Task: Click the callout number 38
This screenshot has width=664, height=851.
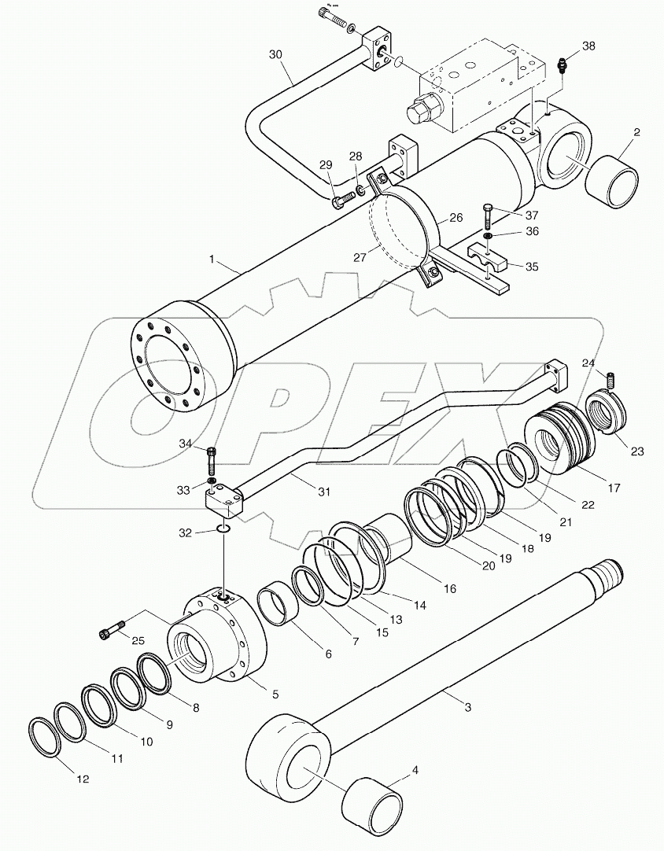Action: pos(588,46)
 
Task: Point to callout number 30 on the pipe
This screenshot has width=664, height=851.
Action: pos(275,56)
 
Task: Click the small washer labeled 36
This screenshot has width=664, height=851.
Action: pos(488,234)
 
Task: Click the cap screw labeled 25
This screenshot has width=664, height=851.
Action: pos(112,631)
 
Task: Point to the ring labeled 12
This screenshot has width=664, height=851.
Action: pos(41,739)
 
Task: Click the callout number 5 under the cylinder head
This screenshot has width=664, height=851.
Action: pos(275,694)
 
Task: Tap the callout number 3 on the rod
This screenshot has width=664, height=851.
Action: pos(467,708)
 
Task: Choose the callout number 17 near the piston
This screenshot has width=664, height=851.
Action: pos(614,488)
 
